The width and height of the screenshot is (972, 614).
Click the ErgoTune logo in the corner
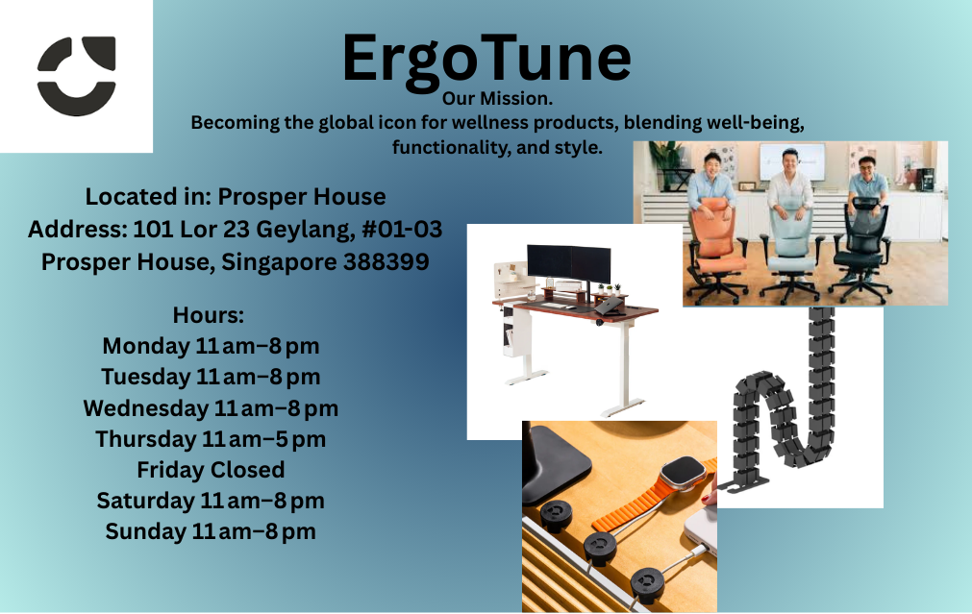tap(76, 76)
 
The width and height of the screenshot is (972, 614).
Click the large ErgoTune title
tap(486, 59)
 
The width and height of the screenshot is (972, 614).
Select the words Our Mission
tap(497, 99)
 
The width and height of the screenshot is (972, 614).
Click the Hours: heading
tap(209, 315)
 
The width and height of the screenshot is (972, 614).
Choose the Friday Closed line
tap(211, 470)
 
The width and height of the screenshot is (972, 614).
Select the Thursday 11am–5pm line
tap(211, 439)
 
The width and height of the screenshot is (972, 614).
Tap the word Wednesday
tap(146, 408)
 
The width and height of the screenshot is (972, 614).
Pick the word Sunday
tap(146, 531)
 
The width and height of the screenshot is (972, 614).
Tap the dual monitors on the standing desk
tap(569, 264)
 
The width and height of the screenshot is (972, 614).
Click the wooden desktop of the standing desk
tap(577, 307)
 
